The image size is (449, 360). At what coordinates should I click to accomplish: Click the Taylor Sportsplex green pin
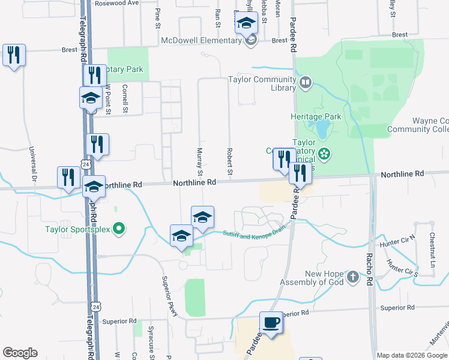(119, 229)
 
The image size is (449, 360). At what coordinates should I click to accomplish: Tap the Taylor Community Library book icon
(306, 82)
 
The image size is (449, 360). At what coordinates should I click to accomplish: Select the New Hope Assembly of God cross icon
(354, 277)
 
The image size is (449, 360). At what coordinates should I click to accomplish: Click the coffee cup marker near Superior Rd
(270, 323)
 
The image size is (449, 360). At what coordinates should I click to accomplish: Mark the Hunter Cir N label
(397, 245)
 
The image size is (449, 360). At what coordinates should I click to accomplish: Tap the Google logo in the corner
(20, 352)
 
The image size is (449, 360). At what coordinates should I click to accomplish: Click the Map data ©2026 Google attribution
(412, 355)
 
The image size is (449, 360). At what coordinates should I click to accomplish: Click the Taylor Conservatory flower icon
(324, 154)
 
